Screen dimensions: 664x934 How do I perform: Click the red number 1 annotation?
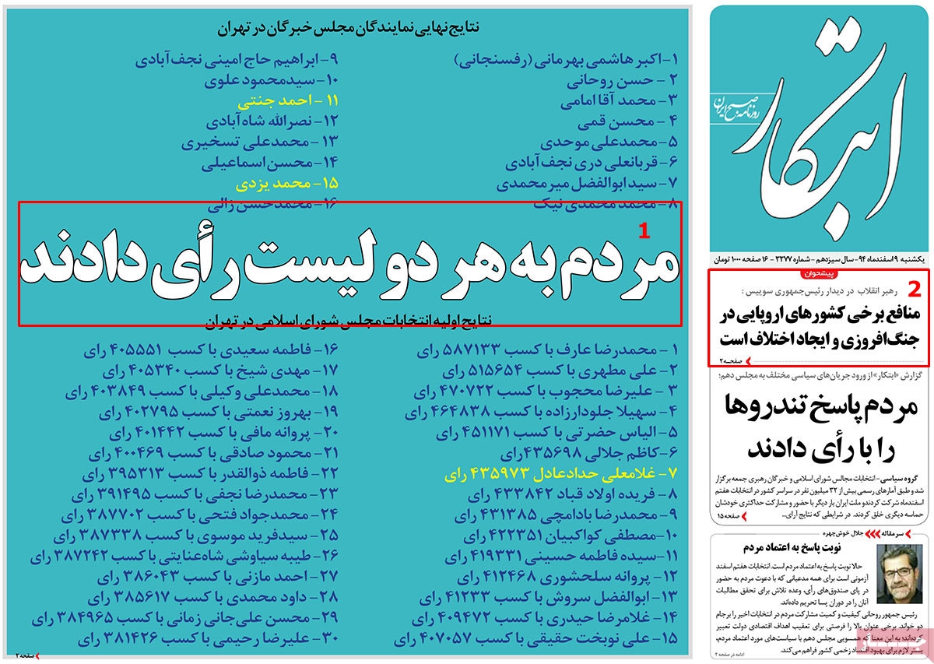[643, 230]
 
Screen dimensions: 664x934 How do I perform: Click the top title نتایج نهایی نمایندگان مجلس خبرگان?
[347, 30]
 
